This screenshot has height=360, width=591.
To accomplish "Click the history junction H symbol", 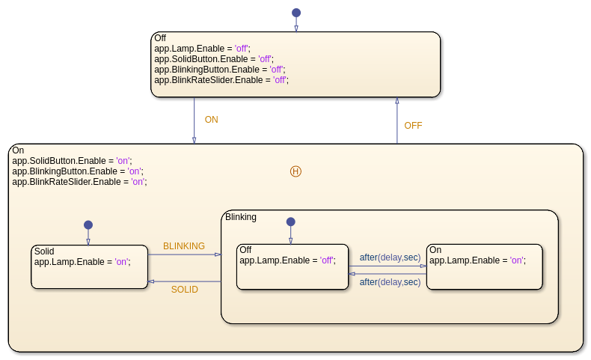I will point(295,171).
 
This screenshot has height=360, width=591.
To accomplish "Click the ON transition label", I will point(212,120).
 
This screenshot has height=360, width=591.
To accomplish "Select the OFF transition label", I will point(413,126).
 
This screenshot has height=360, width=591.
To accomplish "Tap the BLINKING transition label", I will point(184,246).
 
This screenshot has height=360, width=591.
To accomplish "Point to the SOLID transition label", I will point(185,290).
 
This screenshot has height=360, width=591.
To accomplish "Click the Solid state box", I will point(89,274).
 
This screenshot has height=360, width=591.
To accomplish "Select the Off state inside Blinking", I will point(292,274).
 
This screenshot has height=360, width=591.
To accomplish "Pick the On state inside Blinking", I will point(484,274).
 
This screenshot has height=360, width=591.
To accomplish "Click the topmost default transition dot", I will point(296,13).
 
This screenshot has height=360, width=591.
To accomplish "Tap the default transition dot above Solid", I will point(88,225).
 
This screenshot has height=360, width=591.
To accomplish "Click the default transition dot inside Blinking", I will point(291,222).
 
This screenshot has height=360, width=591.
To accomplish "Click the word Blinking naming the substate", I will point(241,217).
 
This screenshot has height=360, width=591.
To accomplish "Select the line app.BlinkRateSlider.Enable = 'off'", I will point(221,80).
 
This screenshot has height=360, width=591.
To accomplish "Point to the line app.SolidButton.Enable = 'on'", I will point(72,161).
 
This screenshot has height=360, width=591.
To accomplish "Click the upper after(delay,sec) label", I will point(390,257).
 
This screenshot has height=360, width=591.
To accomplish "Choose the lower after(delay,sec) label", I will point(390,282).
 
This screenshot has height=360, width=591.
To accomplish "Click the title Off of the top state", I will point(160,38).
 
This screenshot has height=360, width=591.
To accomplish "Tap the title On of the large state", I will point(18,150).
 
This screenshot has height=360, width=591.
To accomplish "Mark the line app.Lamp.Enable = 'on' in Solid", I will point(82,262).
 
